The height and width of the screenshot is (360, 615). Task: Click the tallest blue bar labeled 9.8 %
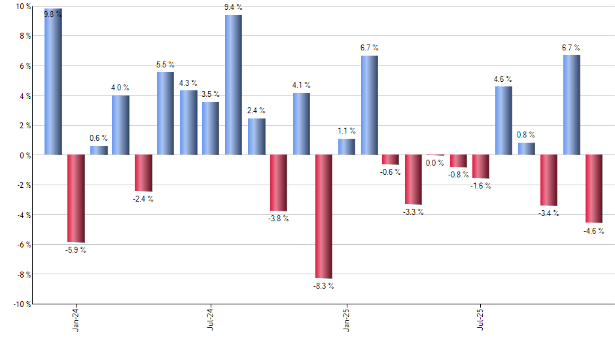[53, 82]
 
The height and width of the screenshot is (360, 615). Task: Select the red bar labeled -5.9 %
[76, 198]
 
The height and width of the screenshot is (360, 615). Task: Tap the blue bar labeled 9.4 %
[234, 85]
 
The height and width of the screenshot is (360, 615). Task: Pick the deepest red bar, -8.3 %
[323, 216]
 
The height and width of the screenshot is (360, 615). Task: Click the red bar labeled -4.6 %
[593, 189]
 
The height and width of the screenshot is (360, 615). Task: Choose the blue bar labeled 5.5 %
[166, 113]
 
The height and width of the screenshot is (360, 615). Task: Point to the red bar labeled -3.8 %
[279, 183]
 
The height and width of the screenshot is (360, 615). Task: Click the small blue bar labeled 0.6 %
[99, 150]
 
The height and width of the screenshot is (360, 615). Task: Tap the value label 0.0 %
[435, 163]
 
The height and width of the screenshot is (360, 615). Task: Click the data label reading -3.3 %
[413, 211]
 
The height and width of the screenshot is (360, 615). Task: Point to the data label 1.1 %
[346, 130]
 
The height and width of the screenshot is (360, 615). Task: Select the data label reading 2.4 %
[256, 110]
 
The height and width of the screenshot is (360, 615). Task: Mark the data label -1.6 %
[481, 186]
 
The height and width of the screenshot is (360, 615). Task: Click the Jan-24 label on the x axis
[76, 319]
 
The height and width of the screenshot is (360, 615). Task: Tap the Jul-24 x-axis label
[211, 319]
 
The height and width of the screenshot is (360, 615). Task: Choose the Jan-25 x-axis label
[346, 319]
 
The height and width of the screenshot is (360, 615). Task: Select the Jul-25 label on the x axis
[481, 319]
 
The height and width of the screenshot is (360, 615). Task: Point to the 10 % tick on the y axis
[22, 7]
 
